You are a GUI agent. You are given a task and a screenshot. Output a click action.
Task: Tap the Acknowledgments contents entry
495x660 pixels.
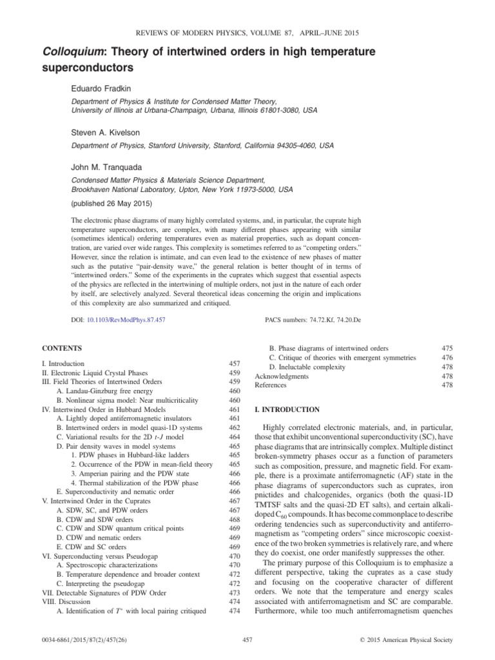coord(282,376)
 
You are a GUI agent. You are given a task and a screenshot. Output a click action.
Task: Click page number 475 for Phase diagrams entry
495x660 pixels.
coord(447,349)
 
